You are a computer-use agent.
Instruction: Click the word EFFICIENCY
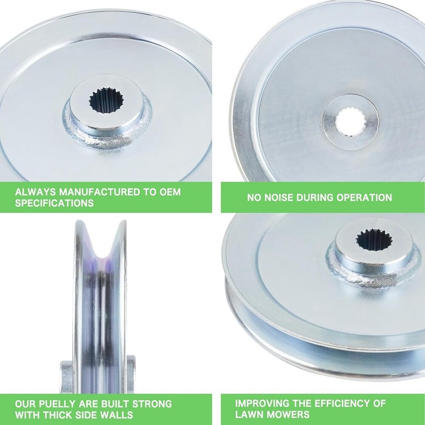pos(329,403)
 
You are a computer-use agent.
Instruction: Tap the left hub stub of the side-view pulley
pos(67,377)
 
